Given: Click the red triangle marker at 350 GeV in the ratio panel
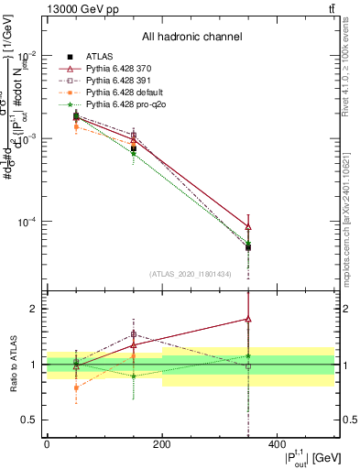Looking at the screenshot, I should [x=248, y=319].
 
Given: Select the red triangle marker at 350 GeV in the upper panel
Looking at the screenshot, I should [x=248, y=226].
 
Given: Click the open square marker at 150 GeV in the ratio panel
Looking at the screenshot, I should [x=134, y=334].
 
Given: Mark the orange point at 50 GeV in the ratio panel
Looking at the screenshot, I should [x=76, y=387].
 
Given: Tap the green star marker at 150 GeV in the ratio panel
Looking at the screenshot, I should [x=134, y=376].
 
